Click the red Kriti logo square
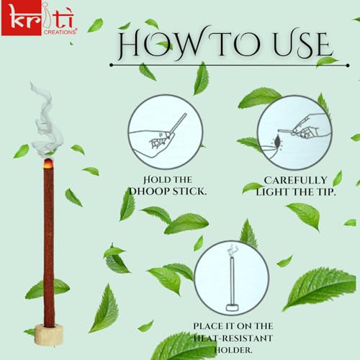[x=21, y=18]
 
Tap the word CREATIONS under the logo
[x=60, y=32]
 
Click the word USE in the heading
[x=303, y=45]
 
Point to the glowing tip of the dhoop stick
[x=48, y=163]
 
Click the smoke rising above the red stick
[x=46, y=120]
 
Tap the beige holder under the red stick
[x=49, y=334]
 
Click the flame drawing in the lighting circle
[x=277, y=142]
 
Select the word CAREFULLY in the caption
[x=295, y=180]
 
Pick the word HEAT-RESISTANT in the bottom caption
[x=233, y=338]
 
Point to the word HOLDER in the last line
[x=233, y=350]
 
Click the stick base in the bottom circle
[x=232, y=307]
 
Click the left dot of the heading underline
[x=111, y=65]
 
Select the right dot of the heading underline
[x=348, y=66]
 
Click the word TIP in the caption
[x=325, y=192]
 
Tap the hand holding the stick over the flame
[x=308, y=126]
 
